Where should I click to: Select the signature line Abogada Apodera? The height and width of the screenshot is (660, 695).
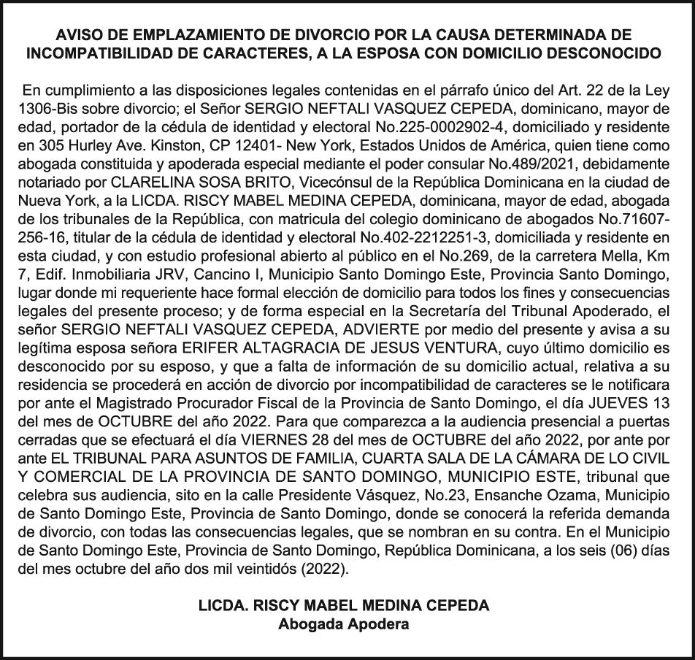click(x=344, y=624)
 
